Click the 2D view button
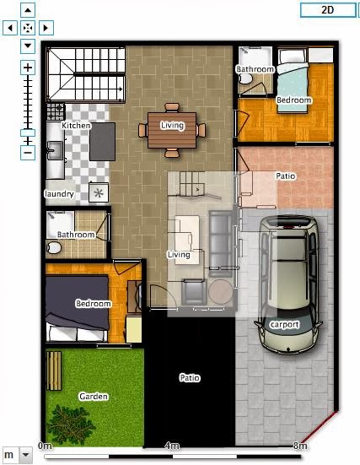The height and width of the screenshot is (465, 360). pos(328,10)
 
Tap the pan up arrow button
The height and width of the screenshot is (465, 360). pos(28,10)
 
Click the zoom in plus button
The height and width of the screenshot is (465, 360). pos(28,68)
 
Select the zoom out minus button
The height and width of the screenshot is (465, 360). pos(28,153)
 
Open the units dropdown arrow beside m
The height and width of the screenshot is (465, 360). pos(25,455)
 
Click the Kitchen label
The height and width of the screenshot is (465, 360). pos(76,126)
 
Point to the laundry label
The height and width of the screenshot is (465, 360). pos(59,194)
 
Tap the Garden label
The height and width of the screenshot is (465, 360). pos(94,396)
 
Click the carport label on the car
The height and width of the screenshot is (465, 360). pos(284,325)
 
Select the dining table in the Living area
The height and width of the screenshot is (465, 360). pos(172,130)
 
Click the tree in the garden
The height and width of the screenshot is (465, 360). pos(71,425)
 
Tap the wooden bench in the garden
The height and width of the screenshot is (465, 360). pos(54,370)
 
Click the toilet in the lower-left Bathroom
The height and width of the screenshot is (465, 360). pos(54,247)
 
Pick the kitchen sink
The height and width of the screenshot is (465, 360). pos(55,150)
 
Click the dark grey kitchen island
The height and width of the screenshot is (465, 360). pos(102,142)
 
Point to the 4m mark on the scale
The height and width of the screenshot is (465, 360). pos(172,446)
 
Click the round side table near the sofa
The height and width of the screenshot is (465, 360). pos(220,291)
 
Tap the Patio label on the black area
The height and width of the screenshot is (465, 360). pos(190,378)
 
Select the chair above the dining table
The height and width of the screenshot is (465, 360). pos(172,107)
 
